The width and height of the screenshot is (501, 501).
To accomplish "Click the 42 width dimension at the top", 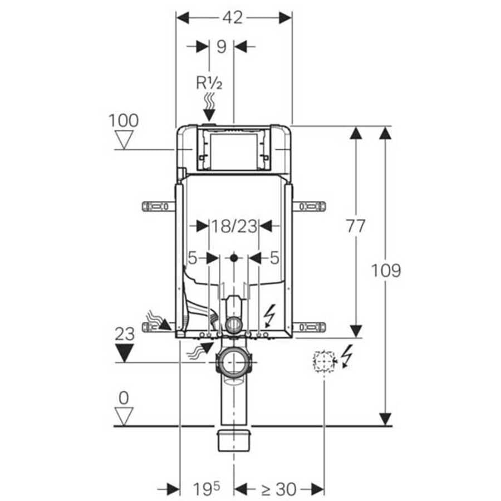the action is point(233,18).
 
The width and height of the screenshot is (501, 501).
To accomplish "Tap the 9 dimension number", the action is point(222,47).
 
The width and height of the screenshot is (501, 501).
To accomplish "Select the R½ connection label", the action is point(209,83).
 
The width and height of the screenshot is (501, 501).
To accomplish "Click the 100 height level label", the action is point(124,121).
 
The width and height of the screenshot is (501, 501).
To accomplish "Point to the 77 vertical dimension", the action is point(356,226).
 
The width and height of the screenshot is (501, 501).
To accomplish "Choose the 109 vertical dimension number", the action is point(386,271).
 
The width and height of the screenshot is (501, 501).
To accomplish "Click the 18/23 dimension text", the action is point(234,226).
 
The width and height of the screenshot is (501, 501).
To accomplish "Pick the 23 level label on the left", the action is point(124,334).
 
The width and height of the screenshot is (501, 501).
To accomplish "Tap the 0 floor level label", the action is point(124,398).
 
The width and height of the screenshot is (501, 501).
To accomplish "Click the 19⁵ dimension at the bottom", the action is point(207,489).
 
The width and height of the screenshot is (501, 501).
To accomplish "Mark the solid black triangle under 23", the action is point(124,353).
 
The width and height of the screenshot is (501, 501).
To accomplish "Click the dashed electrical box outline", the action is point(324,361).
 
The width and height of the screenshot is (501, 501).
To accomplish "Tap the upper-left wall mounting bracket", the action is point(159,207).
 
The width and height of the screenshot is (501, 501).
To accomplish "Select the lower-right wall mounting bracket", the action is point(309,327).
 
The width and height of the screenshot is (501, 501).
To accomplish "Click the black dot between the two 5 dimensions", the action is point(234,258).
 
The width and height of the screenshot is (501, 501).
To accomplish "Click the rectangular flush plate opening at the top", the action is point(234,151).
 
